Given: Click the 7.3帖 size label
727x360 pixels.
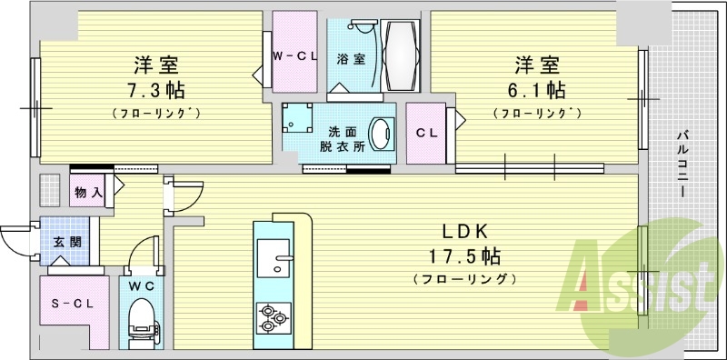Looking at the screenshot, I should (x=156, y=90).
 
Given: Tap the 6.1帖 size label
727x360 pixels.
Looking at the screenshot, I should (x=537, y=90).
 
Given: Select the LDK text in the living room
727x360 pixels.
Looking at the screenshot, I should (x=464, y=232).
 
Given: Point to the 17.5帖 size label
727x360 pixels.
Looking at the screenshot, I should (x=464, y=255).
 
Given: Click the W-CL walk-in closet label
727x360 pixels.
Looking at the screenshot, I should (x=294, y=56).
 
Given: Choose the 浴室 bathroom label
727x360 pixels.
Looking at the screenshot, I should (x=351, y=59).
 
